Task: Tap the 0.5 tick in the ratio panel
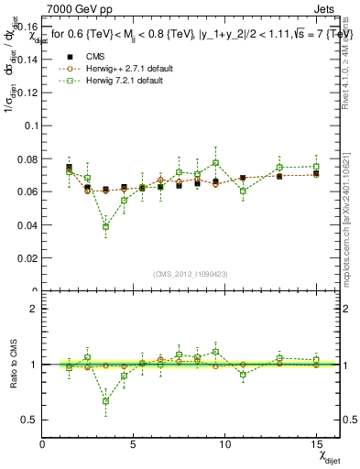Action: [29, 420]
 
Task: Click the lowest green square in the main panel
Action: [106, 226]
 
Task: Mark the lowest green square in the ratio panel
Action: [106, 400]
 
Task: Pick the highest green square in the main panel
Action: [215, 163]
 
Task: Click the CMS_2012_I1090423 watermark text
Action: [191, 274]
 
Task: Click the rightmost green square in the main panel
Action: [315, 167]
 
